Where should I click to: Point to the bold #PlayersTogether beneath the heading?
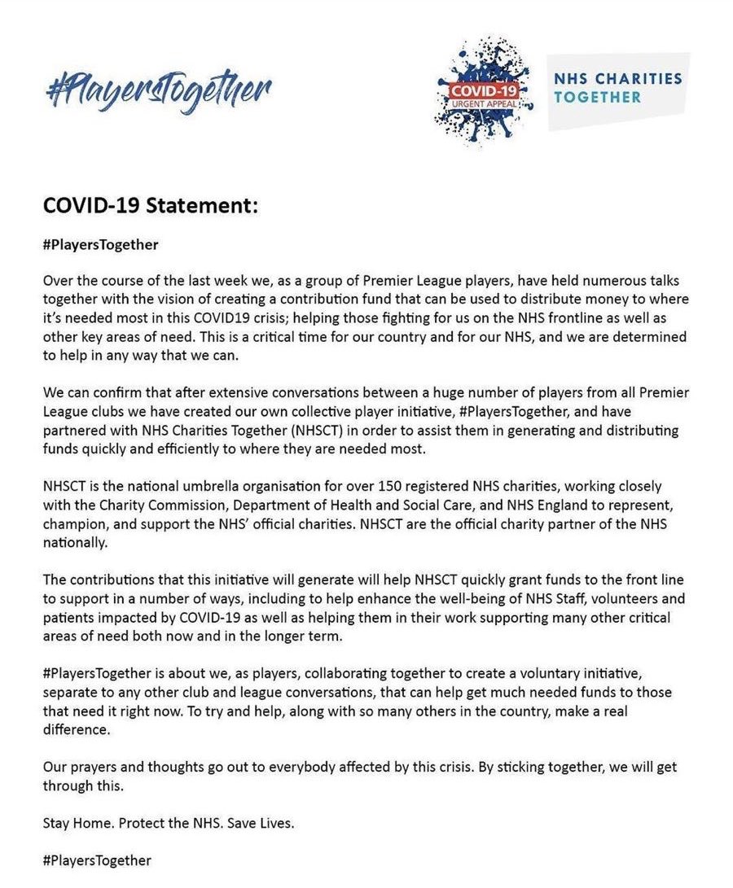coord(101,243)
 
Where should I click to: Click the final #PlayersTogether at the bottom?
coord(97,860)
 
